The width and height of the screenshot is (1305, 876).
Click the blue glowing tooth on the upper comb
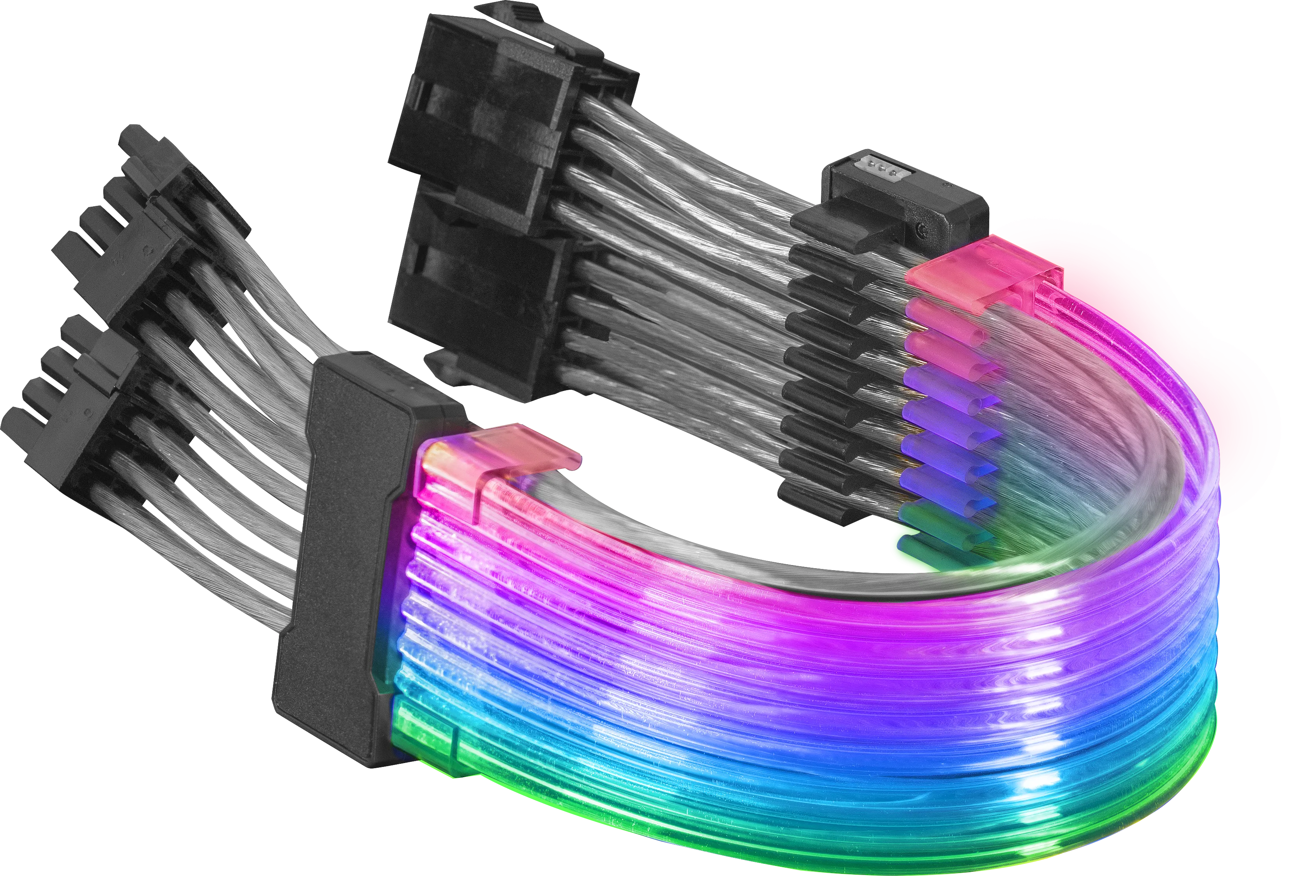pyautogui.click(x=945, y=447)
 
